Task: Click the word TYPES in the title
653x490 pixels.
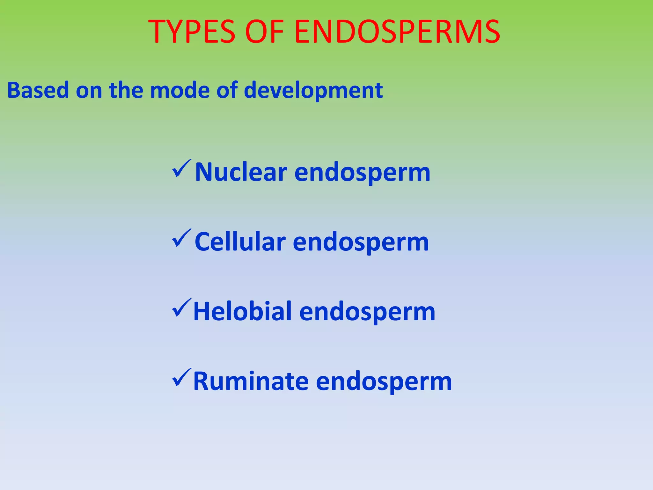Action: (x=192, y=32)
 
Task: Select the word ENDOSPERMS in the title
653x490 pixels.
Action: (x=397, y=32)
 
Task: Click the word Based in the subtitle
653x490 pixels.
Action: (x=38, y=90)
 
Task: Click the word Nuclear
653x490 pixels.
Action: (x=241, y=172)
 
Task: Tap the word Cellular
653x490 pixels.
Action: (x=240, y=242)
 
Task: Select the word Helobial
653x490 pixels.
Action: (x=242, y=311)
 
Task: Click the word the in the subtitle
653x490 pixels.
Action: (x=126, y=90)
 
